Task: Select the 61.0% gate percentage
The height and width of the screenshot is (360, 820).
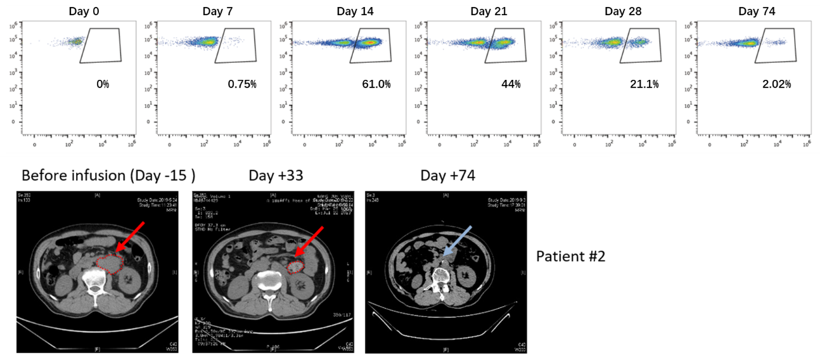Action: [x=375, y=84]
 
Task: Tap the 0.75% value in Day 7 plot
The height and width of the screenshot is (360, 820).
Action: [x=242, y=84]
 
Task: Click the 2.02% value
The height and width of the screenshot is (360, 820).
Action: [x=777, y=84]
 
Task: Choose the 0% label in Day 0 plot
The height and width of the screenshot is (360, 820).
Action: [x=102, y=84]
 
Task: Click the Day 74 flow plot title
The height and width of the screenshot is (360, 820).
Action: [x=757, y=11]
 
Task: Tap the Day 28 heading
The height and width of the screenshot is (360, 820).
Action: [x=622, y=11]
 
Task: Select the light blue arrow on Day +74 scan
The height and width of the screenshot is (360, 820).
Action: [x=452, y=245]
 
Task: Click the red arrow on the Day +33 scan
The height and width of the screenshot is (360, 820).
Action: [x=312, y=243]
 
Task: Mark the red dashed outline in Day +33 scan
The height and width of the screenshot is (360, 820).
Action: [x=296, y=267]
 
